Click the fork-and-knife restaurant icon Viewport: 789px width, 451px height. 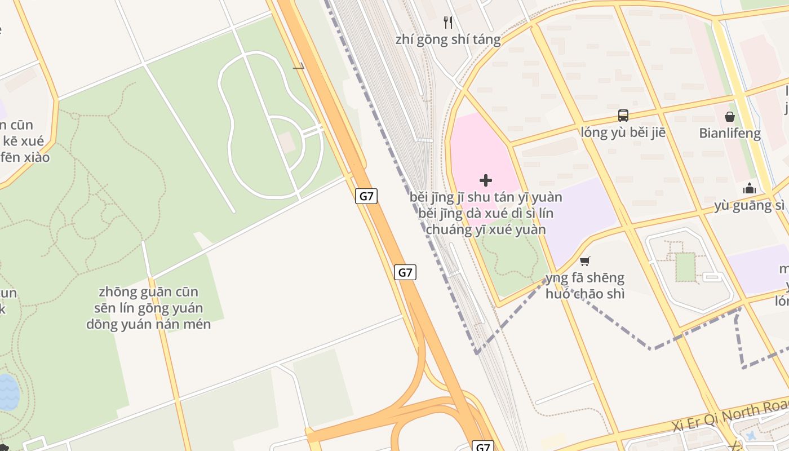pos(448,23)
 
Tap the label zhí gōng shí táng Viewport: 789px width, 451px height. pos(448,39)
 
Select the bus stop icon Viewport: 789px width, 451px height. pos(623,116)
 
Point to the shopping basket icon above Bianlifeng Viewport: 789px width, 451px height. pos(730,117)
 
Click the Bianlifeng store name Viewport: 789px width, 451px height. pos(730,134)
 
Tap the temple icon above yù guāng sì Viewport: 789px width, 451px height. pos(750,188)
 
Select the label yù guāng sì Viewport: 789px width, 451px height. pos(750,205)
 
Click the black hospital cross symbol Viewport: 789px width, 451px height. pos(486,180)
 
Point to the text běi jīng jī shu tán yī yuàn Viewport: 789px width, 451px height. pos(486,197)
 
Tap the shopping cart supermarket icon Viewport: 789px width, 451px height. pos(585,261)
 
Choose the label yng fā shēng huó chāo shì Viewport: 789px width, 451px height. pos(585,285)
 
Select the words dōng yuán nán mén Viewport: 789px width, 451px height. pos(149,324)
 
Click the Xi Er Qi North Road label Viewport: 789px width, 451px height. pos(733,416)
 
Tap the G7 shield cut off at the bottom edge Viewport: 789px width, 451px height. pos(482,446)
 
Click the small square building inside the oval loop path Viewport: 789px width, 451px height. pos(287,143)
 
